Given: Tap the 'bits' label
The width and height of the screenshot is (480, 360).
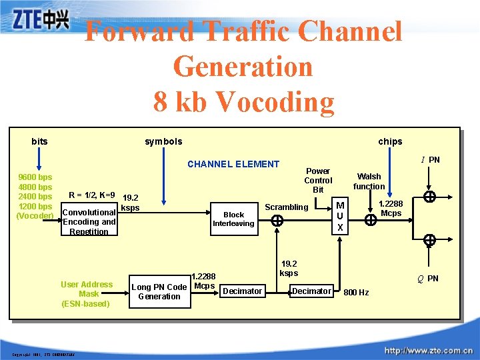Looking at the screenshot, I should (39, 141).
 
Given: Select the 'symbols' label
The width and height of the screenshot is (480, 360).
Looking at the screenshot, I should (163, 141).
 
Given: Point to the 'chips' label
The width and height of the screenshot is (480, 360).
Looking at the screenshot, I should (390, 141).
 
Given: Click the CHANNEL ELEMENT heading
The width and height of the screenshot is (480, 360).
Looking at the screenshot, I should (233, 164).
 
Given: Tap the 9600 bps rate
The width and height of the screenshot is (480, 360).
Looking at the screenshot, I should (35, 177).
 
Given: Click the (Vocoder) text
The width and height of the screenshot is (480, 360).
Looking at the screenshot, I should (35, 216).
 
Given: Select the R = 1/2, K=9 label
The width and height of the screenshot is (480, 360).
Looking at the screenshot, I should (92, 195).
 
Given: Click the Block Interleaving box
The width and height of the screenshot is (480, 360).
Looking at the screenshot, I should (233, 219).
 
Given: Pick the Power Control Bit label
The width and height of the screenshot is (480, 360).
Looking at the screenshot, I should (318, 180).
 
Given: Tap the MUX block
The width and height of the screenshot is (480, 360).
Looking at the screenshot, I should (340, 217).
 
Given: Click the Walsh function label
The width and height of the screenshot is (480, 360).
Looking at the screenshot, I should (369, 181).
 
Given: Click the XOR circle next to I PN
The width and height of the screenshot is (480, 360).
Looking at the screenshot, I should (430, 197).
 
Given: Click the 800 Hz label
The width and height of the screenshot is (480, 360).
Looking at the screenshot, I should (356, 292).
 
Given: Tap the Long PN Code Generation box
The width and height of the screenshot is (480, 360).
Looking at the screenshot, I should (159, 291).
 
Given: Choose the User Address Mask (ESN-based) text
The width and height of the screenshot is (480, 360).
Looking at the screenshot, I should (87, 293).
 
